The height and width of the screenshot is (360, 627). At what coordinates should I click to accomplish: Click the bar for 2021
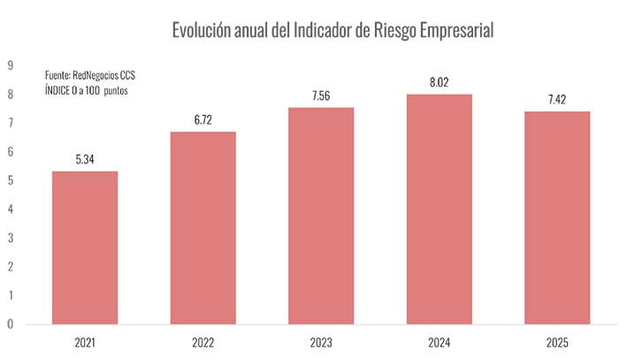pos(85,247)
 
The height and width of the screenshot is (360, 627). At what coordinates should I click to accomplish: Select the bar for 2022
pos(203,227)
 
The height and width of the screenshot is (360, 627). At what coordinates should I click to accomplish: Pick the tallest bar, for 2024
pos(440,209)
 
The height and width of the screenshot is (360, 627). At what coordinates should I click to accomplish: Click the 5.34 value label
pos(85,159)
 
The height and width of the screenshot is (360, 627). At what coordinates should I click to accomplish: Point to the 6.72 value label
pos(203,119)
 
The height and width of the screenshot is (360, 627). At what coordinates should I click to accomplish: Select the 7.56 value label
pos(321,96)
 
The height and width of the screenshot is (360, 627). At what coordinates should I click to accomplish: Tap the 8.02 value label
pos(440,82)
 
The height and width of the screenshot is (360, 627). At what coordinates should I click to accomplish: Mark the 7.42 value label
pos(557,99)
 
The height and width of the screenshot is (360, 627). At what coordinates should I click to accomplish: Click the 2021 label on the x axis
pos(85,341)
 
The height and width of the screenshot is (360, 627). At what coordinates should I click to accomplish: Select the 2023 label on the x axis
pos(321,341)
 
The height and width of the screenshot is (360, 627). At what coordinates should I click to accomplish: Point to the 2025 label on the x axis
pos(557,341)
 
